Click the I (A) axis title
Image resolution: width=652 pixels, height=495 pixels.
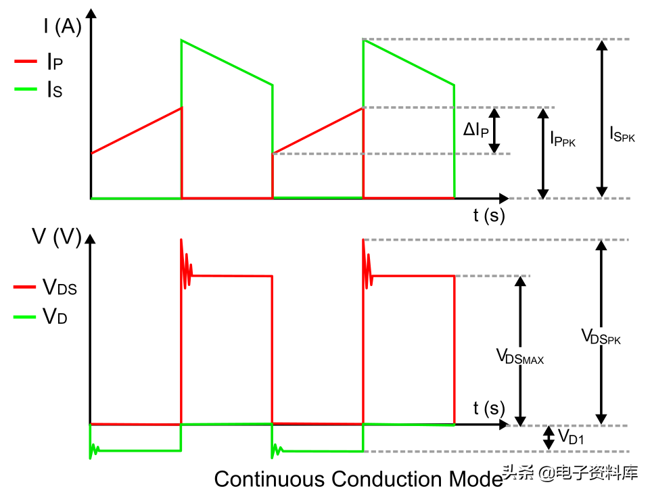(x=63, y=26)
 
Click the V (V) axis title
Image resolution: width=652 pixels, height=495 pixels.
(x=57, y=237)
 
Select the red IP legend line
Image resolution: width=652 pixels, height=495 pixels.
(x=26, y=62)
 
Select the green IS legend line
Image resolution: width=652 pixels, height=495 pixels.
(x=26, y=89)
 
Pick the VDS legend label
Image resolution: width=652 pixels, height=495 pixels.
(x=60, y=287)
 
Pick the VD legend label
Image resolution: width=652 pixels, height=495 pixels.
(x=55, y=316)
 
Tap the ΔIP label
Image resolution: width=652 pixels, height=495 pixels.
(x=476, y=130)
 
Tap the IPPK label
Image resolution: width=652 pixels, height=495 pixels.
(x=563, y=139)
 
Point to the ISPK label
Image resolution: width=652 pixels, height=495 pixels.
(x=622, y=134)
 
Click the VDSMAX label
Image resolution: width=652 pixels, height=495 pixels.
(x=520, y=356)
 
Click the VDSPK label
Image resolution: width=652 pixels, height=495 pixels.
(x=601, y=337)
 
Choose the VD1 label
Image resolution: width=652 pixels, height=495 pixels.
(x=571, y=437)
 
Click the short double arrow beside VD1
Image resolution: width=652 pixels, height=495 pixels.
(x=549, y=438)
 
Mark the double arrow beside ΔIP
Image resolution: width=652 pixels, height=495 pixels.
(x=494, y=131)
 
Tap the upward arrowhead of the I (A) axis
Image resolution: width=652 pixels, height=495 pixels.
(x=91, y=14)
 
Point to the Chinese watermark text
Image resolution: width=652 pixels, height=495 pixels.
(x=570, y=473)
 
